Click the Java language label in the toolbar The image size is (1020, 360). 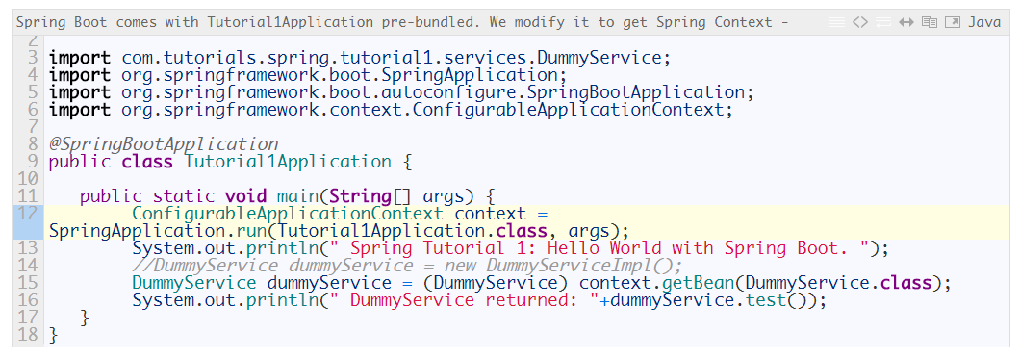click(984, 22)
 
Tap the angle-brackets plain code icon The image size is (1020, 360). click(860, 22)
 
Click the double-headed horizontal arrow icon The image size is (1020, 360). click(905, 22)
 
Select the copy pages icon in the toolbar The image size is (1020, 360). click(929, 22)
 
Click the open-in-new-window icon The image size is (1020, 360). click(952, 22)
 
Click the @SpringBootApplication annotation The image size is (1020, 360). click(163, 144)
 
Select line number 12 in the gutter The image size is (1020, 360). click(28, 214)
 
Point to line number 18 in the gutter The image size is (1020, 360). click(28, 335)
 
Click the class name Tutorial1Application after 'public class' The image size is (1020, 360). click(288, 162)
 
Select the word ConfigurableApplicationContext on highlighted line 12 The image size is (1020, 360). click(288, 214)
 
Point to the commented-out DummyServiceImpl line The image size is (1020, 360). click(407, 266)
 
